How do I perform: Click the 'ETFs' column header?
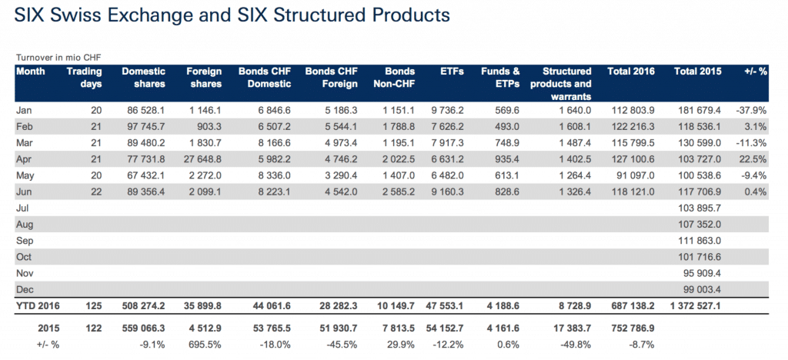[450, 72]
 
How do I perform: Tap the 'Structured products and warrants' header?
[567, 83]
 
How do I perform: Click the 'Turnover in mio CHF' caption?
[58, 58]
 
